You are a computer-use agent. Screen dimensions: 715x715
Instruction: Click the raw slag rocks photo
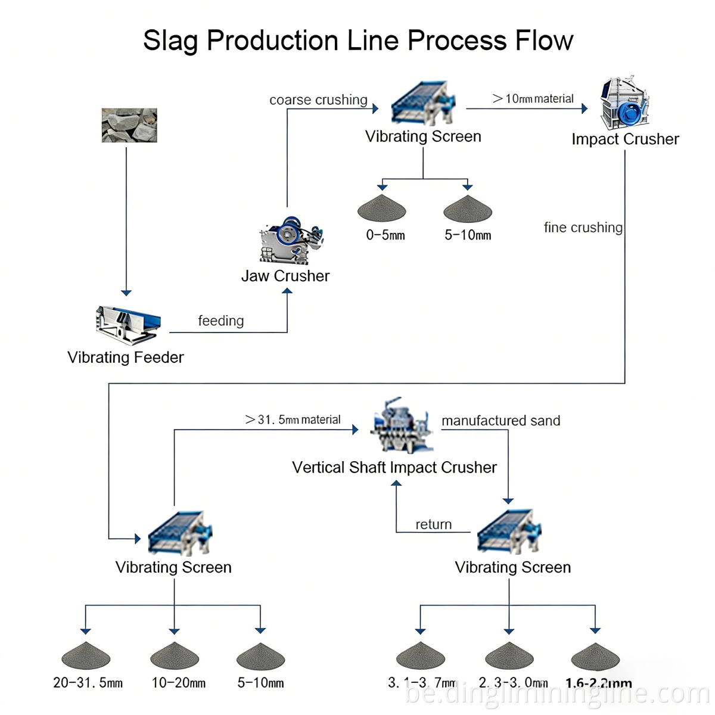coord(129,125)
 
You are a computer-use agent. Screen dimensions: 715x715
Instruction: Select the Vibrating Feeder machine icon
coord(128,325)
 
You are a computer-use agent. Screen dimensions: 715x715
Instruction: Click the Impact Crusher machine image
coord(624,103)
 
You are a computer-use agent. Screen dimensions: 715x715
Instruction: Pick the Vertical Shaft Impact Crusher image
coord(400,426)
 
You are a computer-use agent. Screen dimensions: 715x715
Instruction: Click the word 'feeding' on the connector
coord(221,321)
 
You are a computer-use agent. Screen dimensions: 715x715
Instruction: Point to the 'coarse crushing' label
coord(318,100)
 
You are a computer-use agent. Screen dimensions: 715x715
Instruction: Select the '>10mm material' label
coord(533,99)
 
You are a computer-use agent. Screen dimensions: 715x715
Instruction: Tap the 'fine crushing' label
coord(583,228)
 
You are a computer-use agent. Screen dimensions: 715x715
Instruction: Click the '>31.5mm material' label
coord(293,419)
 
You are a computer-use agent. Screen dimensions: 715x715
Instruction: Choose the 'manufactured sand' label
coord(500,421)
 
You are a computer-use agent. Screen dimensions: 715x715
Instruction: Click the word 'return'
coord(433,524)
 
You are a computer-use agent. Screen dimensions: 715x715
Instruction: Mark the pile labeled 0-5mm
coord(381,208)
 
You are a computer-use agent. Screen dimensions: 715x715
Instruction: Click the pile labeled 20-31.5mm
coord(86,657)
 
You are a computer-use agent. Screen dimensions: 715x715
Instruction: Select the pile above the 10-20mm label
coord(174,657)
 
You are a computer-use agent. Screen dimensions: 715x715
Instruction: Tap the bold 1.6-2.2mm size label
coord(598,683)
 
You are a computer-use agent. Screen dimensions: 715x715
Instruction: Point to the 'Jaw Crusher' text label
coord(285,276)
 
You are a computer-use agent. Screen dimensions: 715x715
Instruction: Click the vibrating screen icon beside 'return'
coord(509,531)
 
